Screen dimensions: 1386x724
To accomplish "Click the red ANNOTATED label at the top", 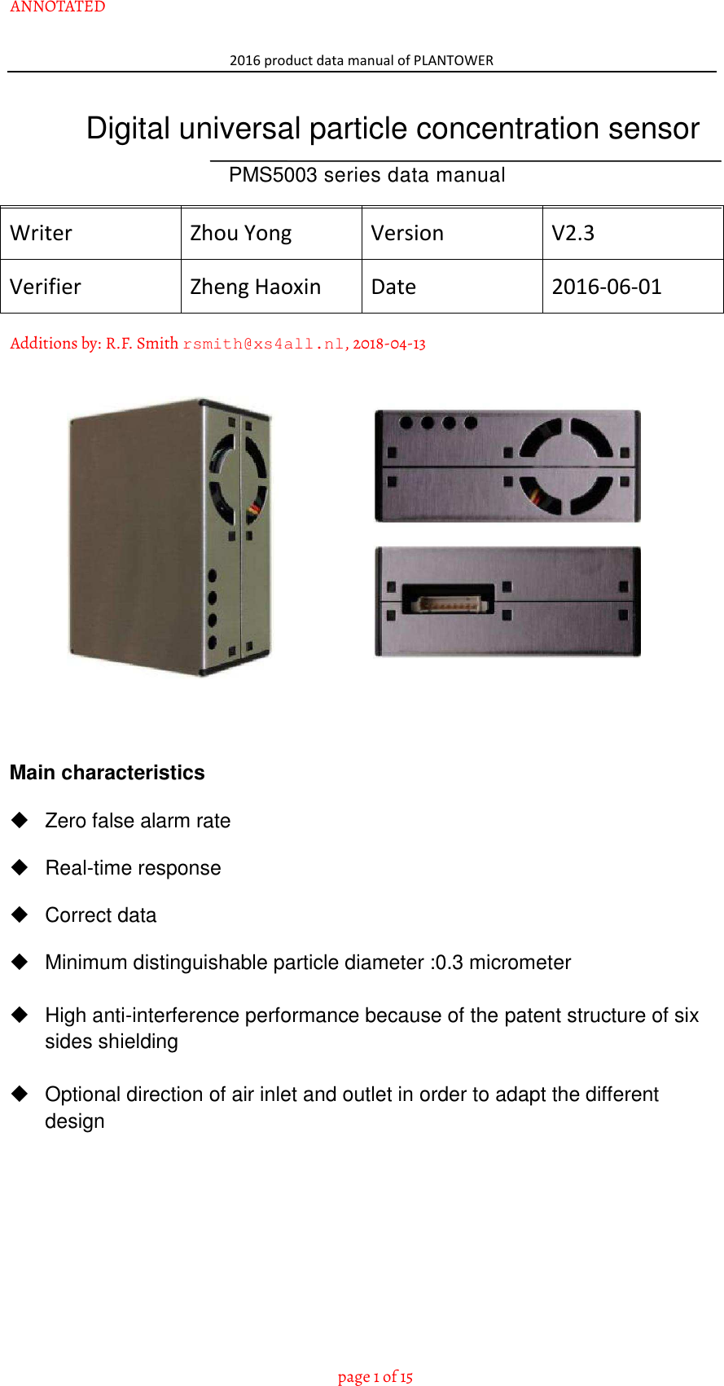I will point(58,7).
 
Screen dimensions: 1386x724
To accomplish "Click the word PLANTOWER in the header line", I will point(454,60).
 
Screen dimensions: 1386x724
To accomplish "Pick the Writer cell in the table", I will point(42,234).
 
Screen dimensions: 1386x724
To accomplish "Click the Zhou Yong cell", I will point(241,234).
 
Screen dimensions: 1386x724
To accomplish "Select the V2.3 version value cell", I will point(573,234).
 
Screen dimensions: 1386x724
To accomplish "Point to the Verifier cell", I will point(46,287).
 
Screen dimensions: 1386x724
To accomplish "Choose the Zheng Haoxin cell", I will point(256,287).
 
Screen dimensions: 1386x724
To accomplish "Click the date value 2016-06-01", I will point(607,287).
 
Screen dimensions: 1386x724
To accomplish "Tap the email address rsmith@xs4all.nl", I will point(263,344).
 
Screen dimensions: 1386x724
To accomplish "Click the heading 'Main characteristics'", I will point(108,773).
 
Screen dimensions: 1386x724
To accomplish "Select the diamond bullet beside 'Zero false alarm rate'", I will point(20,820).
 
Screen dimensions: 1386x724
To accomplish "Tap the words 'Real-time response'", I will point(134,868).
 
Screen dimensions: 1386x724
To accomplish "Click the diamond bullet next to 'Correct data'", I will point(20,914).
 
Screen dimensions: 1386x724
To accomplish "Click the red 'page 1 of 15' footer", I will point(375,1377).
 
